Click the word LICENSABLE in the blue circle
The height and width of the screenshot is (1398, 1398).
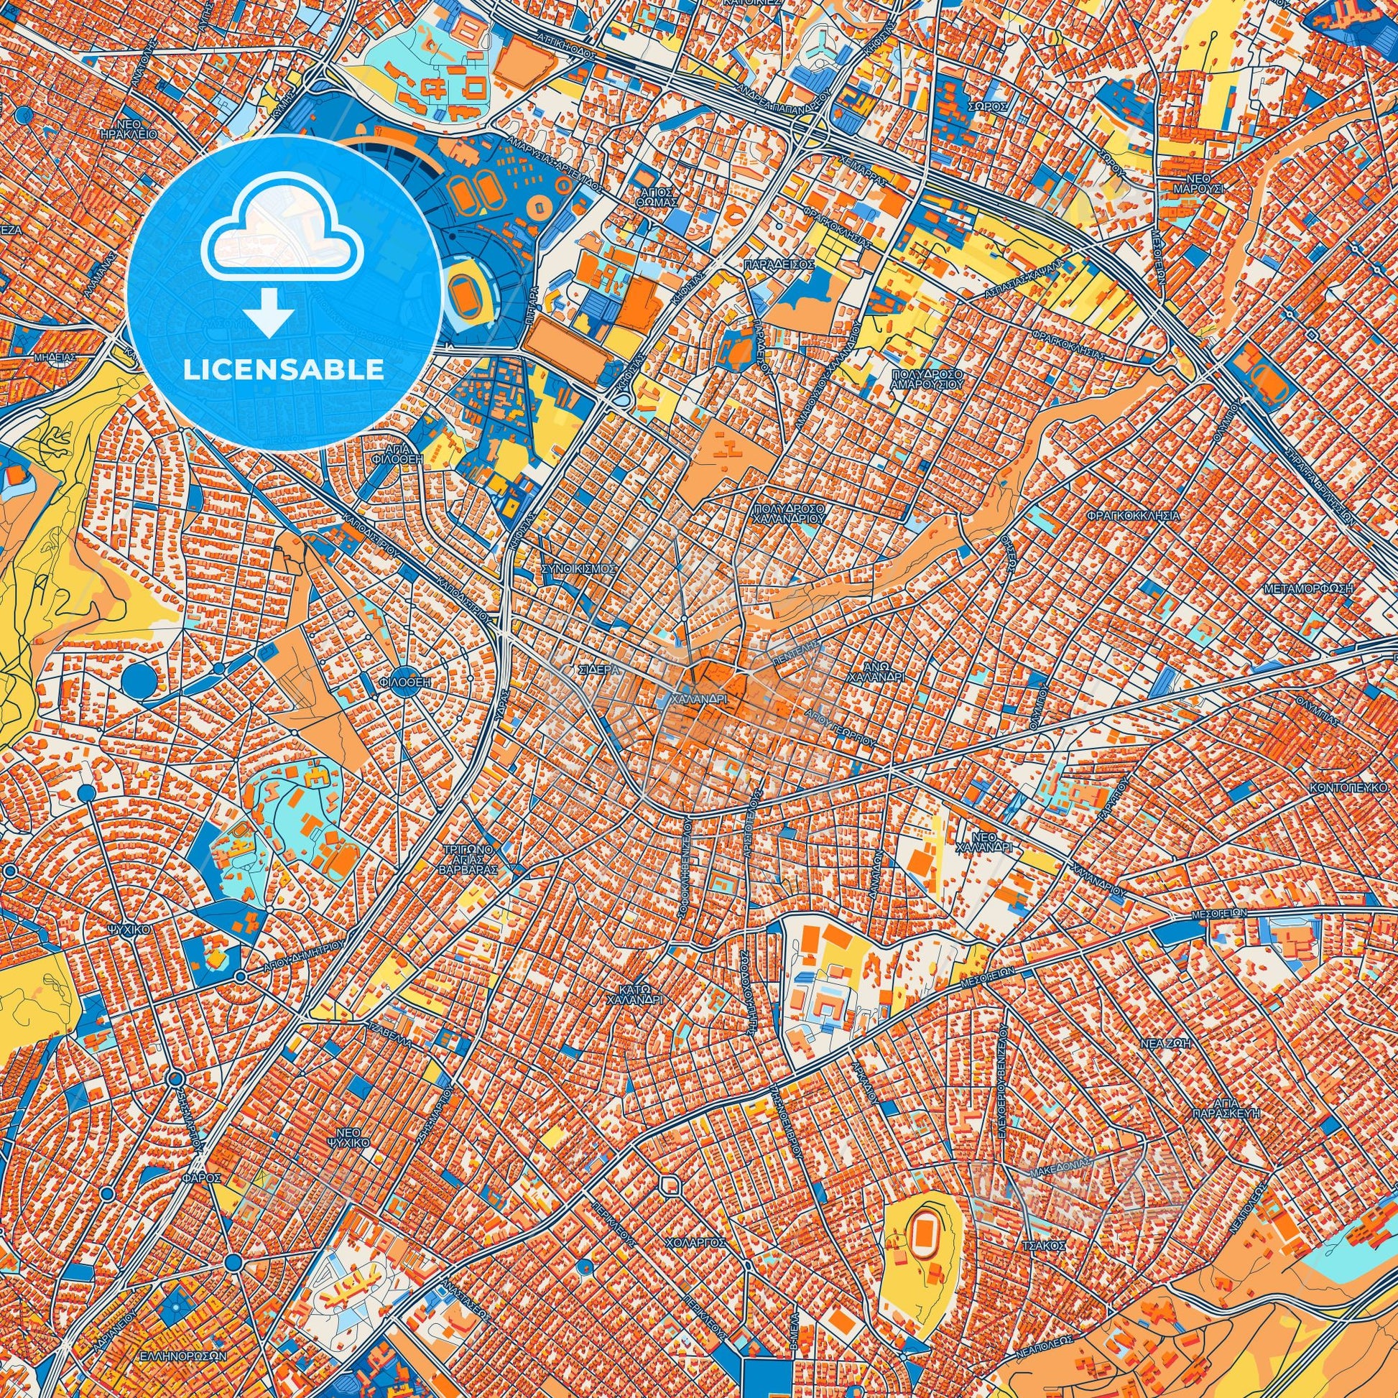284,369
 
